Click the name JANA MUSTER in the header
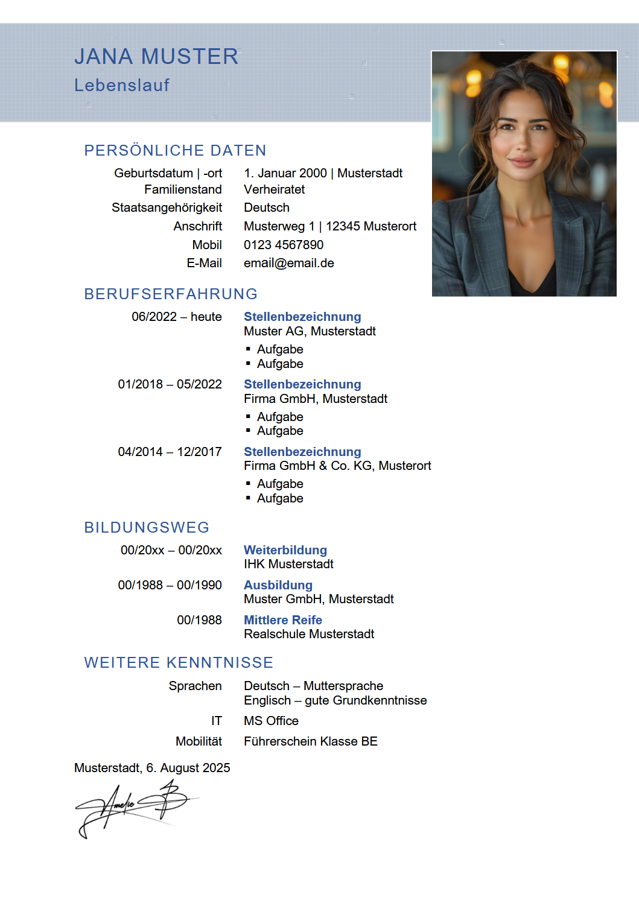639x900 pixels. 156,57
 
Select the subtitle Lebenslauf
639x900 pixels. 122,85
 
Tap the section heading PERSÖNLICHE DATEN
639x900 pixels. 175,150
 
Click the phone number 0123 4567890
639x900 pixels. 284,245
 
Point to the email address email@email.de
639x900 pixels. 288,263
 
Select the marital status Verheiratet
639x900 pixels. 274,189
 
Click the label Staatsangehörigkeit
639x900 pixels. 167,208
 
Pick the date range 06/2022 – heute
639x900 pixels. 176,317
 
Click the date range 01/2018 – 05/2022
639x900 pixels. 170,384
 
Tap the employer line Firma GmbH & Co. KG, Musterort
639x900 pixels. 337,466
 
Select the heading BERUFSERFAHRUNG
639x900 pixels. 171,294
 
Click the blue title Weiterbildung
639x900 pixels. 285,550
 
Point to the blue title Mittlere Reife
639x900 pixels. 282,620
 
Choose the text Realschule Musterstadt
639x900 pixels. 309,634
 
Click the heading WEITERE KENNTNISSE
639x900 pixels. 179,662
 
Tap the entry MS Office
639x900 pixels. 271,721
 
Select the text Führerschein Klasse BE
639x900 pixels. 310,741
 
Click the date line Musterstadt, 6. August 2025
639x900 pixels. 152,768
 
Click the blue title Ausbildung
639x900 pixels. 278,585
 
